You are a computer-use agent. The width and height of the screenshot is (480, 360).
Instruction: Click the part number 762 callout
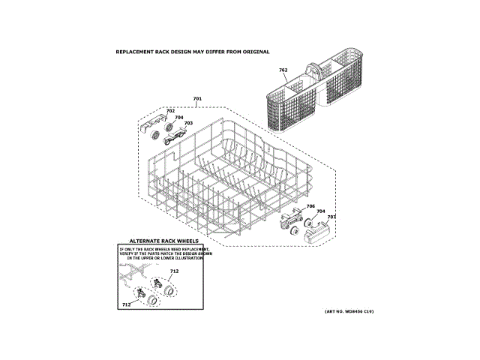click(283, 70)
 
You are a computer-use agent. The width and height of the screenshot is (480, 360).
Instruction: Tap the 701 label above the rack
click(197, 100)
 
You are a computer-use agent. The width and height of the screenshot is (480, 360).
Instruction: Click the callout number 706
click(310, 206)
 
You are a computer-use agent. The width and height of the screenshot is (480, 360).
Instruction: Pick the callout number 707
click(331, 217)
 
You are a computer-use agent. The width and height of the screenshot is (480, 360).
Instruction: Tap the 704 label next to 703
click(178, 117)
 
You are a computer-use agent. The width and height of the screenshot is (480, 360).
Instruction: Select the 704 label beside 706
click(320, 211)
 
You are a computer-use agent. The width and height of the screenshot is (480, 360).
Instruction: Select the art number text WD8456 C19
click(352, 311)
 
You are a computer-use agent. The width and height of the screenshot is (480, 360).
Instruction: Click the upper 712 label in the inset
click(174, 271)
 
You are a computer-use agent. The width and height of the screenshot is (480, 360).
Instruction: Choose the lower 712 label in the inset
click(126, 305)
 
